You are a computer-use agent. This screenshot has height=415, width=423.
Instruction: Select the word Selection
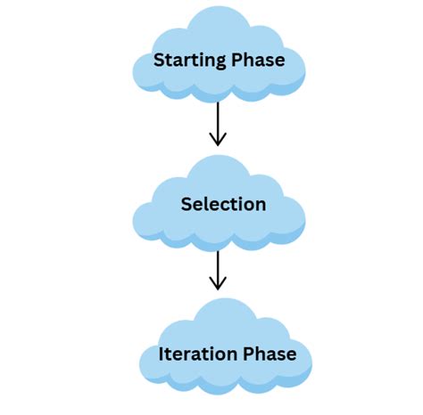coord(223,204)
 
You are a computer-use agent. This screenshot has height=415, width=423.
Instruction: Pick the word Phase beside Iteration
coord(270,354)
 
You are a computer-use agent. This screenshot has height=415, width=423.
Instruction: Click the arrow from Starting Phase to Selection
coord(217,122)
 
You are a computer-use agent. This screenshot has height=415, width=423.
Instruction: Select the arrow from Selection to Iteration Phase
coord(217,268)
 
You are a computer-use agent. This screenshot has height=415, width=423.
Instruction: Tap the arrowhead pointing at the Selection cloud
coord(217,141)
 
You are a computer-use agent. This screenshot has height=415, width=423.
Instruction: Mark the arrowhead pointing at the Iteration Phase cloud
coord(217,286)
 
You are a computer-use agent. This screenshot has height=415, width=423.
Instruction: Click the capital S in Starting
coord(160,61)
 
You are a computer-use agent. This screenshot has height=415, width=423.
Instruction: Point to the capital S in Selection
coord(187,204)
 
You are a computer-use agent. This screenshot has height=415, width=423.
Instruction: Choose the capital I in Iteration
coord(162,354)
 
